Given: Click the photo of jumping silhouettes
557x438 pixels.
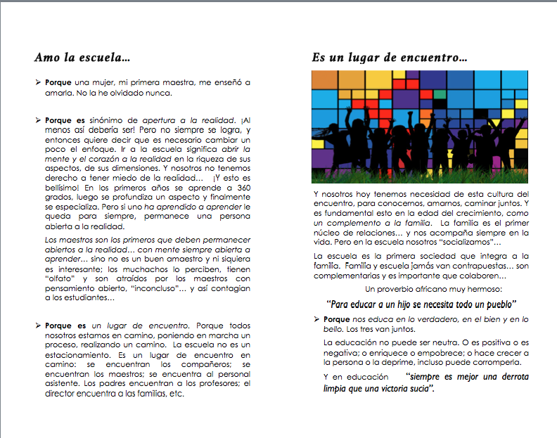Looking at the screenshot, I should coord(420,127).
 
